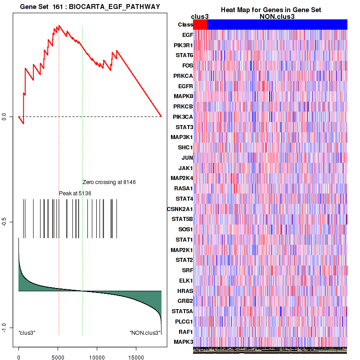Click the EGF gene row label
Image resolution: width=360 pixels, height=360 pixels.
point(187,35)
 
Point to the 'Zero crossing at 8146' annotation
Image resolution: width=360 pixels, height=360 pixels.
point(109,182)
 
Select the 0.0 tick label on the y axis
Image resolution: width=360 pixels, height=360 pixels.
point(4,117)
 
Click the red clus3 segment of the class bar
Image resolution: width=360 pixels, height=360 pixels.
point(199,25)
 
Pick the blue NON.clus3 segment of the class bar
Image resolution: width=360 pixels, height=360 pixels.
point(277,25)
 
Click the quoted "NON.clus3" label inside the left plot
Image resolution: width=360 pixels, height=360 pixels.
point(145,333)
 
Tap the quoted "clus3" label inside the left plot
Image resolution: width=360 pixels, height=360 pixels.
point(27,333)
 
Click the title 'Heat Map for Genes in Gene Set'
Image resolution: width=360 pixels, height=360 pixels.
point(270,10)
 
